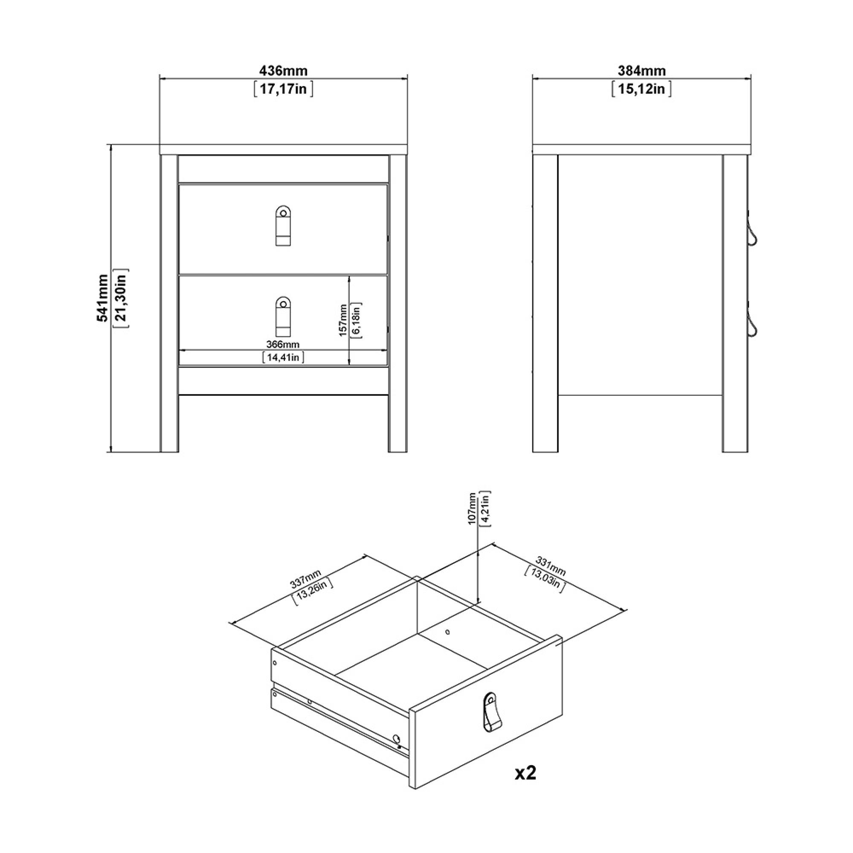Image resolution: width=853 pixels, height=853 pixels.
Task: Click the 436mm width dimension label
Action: pyautogui.click(x=283, y=70)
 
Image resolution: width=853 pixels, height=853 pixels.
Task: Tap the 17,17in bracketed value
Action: pyautogui.click(x=283, y=89)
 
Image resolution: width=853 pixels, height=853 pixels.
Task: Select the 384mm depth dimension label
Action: pyautogui.click(x=641, y=70)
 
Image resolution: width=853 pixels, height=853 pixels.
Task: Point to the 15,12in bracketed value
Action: pyautogui.click(x=641, y=89)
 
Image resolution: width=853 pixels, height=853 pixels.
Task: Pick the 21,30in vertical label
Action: pyautogui.click(x=121, y=298)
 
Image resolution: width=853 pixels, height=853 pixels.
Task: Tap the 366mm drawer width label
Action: pyautogui.click(x=283, y=344)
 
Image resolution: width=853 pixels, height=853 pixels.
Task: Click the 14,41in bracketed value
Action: pyautogui.click(x=283, y=357)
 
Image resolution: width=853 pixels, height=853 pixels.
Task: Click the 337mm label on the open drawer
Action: pyautogui.click(x=306, y=579)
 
